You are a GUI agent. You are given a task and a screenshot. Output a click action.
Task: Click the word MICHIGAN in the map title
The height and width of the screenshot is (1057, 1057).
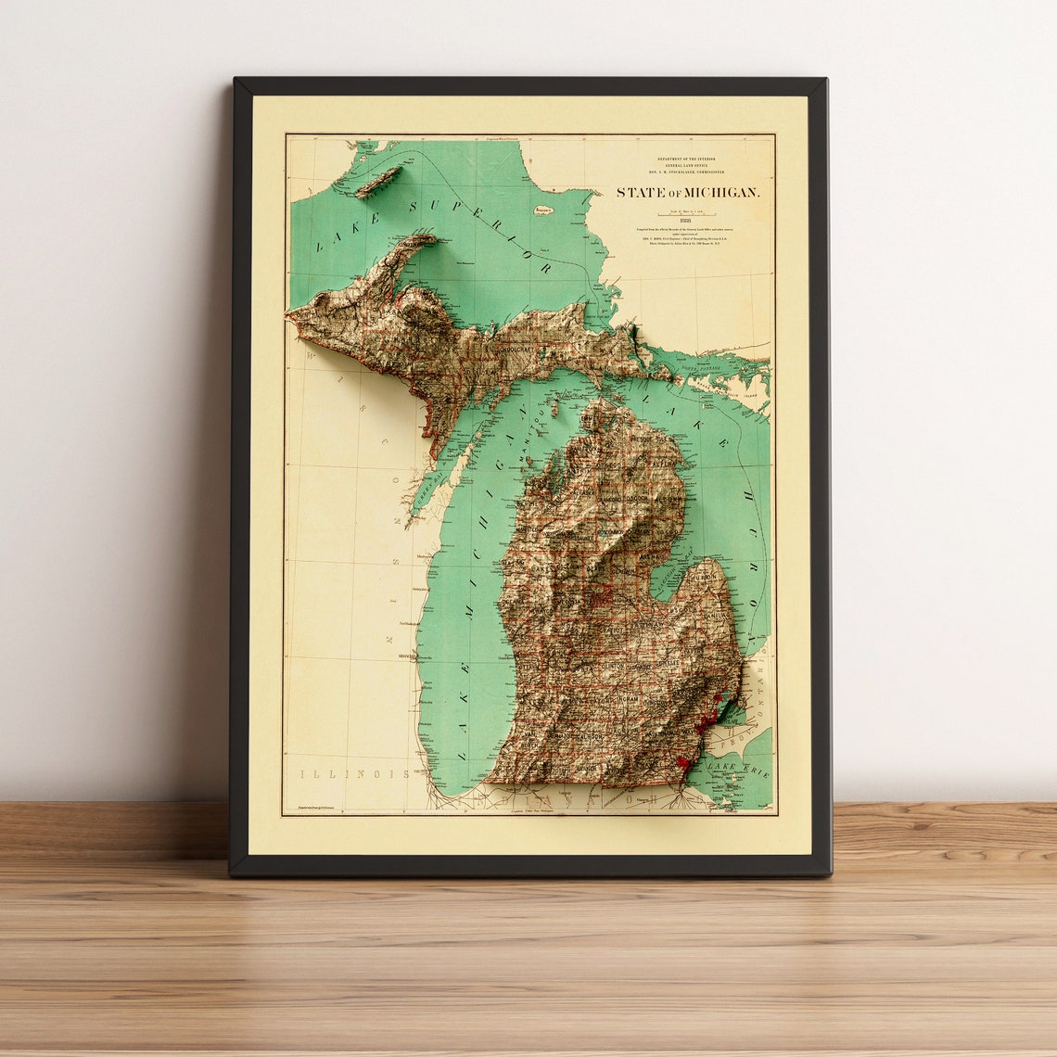click(x=723, y=193)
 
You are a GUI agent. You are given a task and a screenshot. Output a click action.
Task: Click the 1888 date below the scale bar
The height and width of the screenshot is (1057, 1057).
click(x=687, y=220)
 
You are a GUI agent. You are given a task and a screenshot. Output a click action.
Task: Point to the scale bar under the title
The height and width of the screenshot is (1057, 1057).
click(x=687, y=211)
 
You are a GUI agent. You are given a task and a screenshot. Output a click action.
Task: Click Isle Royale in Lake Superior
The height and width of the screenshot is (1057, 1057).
click(x=378, y=182)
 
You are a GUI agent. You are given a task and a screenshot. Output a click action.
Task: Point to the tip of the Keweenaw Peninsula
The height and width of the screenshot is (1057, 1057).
click(x=432, y=238)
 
